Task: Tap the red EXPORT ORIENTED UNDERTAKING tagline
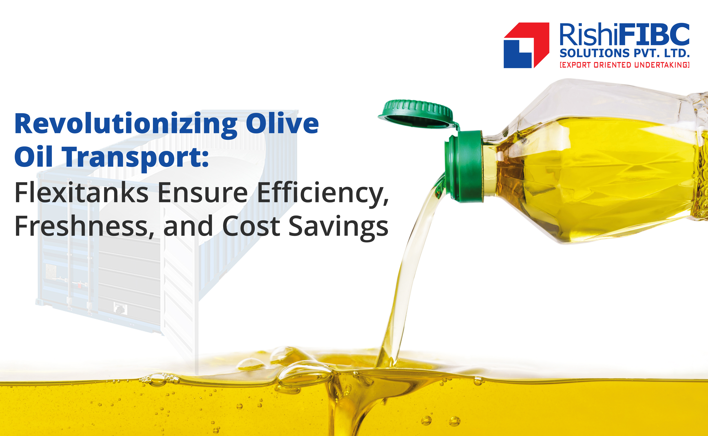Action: (624, 65)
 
